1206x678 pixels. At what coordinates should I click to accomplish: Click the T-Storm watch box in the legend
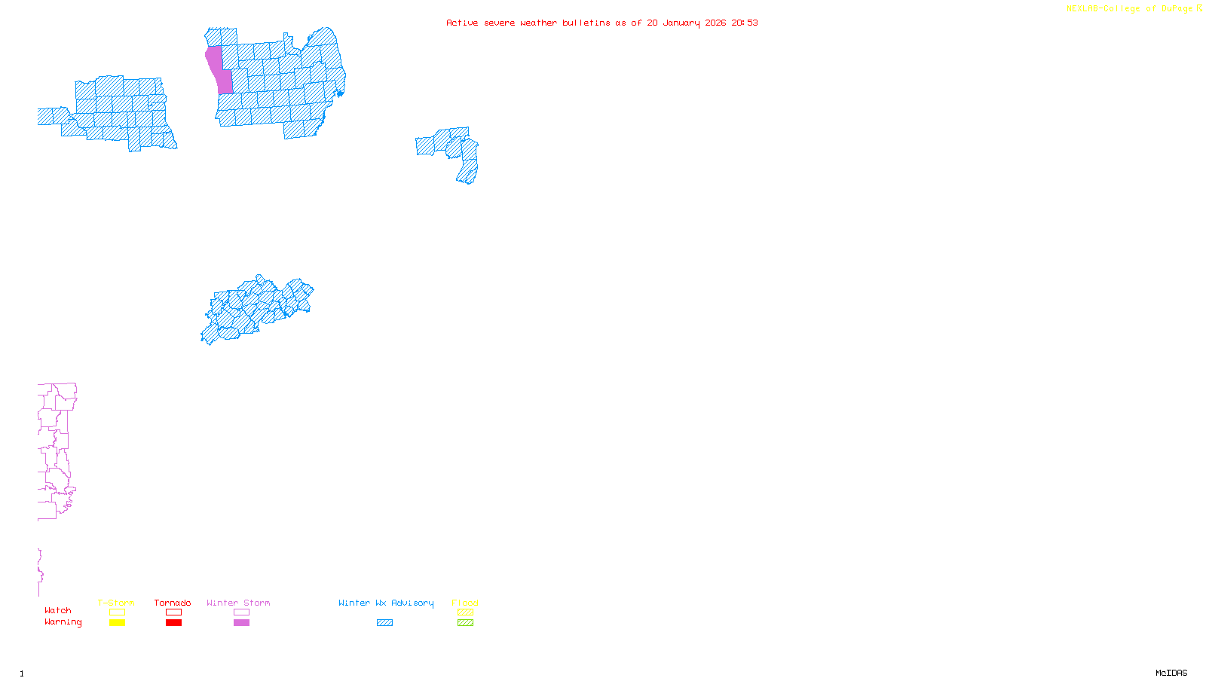point(117,612)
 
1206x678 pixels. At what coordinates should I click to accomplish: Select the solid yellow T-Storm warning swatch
point(117,623)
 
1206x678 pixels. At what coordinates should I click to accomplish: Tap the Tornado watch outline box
point(173,612)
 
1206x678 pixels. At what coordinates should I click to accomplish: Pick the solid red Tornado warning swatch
point(173,623)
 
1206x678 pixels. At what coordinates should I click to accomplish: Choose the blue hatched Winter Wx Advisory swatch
point(384,623)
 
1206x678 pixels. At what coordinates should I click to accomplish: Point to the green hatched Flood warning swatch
point(465,623)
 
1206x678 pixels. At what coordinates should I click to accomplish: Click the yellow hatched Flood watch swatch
point(465,612)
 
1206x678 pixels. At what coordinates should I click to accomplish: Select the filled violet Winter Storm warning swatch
point(241,623)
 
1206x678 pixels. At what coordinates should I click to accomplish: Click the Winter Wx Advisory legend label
point(386,603)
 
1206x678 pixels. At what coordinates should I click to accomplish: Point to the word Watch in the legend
point(57,610)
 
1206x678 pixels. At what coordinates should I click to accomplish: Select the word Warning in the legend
point(63,622)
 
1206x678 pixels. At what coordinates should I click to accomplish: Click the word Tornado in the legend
point(173,603)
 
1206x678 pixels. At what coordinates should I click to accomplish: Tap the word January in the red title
point(681,23)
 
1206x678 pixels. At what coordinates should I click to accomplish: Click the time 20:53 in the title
point(745,23)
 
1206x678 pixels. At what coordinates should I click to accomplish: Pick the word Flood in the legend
point(465,603)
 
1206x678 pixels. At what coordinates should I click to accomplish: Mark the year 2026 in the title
point(715,23)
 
